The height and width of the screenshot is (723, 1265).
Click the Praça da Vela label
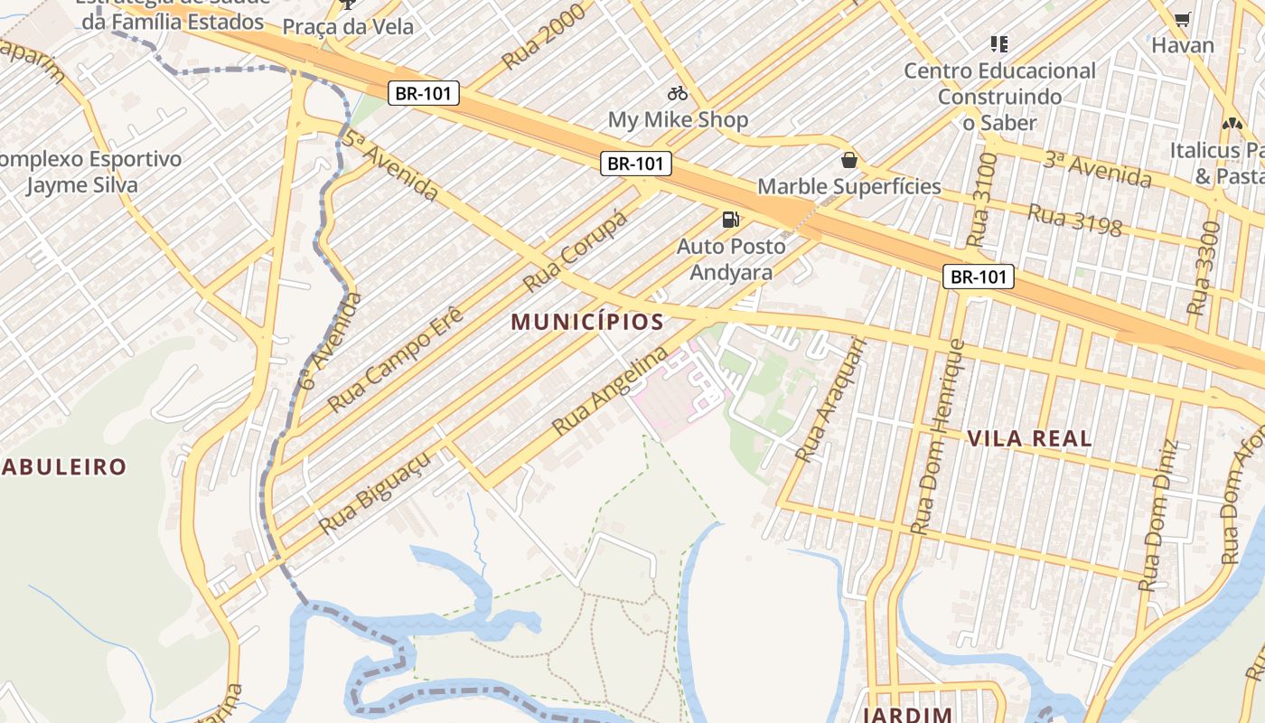click(x=348, y=27)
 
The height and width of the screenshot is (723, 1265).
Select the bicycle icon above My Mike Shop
click(x=678, y=93)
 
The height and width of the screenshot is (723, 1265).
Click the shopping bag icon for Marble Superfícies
click(x=848, y=161)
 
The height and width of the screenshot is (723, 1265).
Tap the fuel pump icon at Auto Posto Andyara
click(x=730, y=219)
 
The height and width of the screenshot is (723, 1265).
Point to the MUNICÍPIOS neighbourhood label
click(x=587, y=322)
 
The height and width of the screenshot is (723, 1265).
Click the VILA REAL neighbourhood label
click(x=1029, y=439)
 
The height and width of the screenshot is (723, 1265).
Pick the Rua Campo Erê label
click(x=396, y=360)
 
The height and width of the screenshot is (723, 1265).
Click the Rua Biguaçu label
click(x=374, y=493)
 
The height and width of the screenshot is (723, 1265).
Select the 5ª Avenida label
click(x=390, y=165)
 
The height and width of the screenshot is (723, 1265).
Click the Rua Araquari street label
click(x=829, y=400)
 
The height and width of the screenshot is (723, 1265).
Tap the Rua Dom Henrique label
click(x=937, y=437)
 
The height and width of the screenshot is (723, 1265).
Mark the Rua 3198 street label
click(x=1074, y=221)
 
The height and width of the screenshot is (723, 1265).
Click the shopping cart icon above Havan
click(x=1182, y=19)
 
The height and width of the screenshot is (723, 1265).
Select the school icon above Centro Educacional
click(x=998, y=43)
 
